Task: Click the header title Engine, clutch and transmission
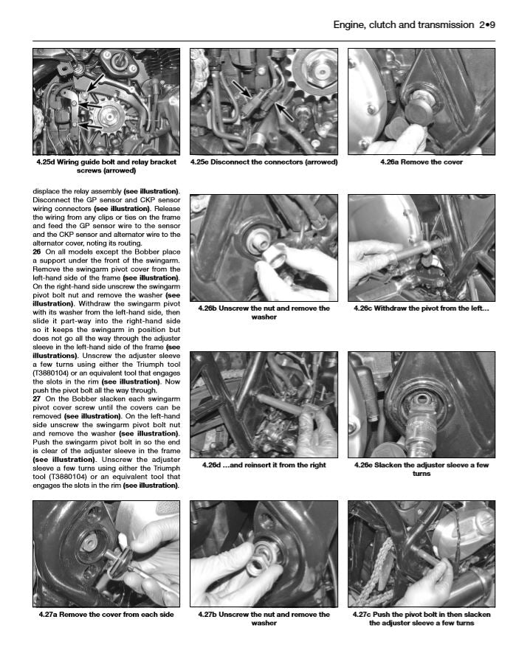[403, 25]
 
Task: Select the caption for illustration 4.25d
[106, 166]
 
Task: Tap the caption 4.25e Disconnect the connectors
[264, 162]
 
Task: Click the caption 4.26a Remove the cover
[421, 162]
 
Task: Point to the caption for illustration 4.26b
[264, 312]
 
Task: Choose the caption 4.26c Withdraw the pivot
[421, 308]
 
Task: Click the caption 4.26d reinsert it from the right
[264, 466]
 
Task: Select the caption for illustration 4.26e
[421, 469]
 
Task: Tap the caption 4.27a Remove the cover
[106, 615]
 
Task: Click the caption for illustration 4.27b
[264, 618]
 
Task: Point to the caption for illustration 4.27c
[421, 618]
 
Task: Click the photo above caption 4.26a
[421, 101]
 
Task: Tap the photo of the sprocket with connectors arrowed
[264, 101]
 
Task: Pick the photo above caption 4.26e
[421, 404]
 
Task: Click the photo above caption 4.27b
[264, 553]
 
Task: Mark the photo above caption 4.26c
[421, 247]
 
